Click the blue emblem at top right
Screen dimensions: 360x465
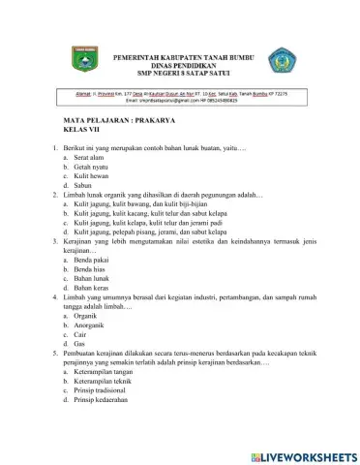281,62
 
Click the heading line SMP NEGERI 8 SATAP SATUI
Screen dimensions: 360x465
182,74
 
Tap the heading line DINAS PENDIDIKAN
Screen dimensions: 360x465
182,66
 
